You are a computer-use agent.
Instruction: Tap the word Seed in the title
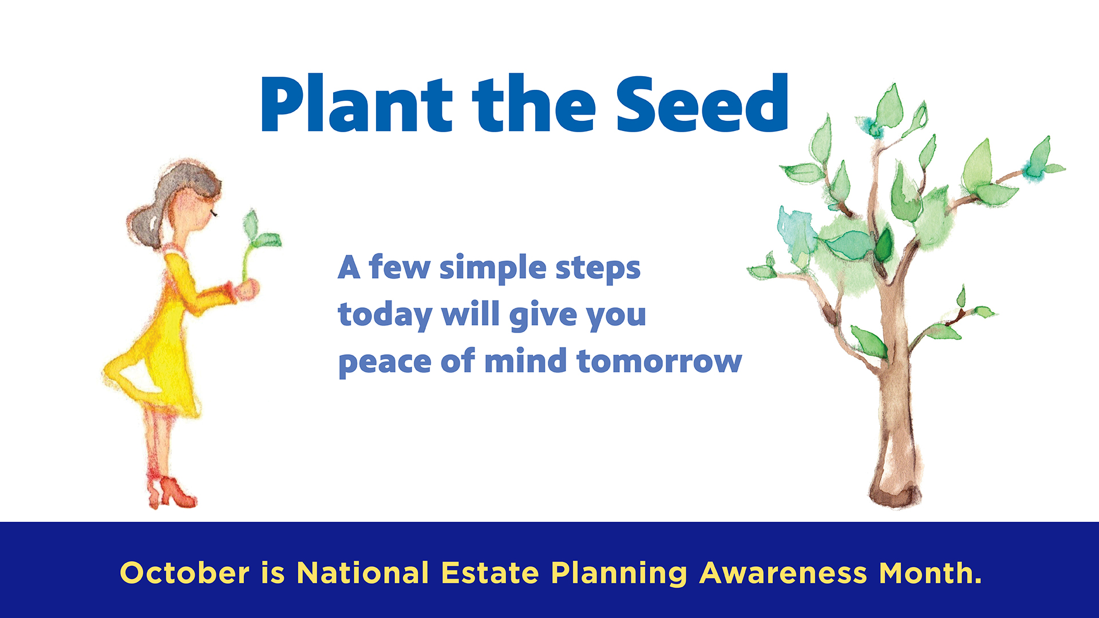(x=702, y=105)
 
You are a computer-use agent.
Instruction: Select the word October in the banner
(x=184, y=573)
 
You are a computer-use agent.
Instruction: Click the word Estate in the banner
(x=490, y=573)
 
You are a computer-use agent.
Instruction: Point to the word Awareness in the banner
(x=783, y=573)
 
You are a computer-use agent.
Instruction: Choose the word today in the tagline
(x=385, y=315)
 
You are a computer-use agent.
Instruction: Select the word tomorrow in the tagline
(x=659, y=362)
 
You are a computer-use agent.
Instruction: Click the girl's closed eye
(x=214, y=213)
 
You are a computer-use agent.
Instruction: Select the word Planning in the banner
(x=619, y=574)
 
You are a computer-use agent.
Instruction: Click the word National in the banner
(x=362, y=573)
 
